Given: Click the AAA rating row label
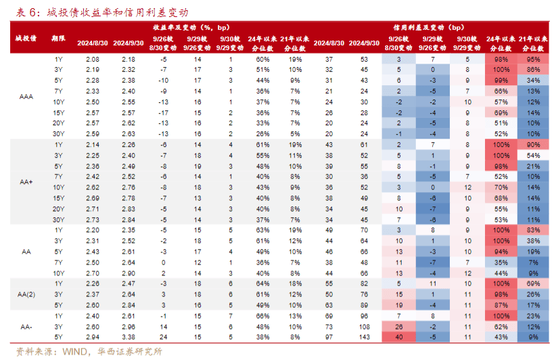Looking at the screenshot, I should (26, 97).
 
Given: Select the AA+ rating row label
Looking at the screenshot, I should (26, 181).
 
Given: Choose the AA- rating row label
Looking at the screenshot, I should (26, 326).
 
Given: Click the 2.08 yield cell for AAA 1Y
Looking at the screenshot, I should (93, 60).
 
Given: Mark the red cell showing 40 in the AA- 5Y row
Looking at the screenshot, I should (398, 336).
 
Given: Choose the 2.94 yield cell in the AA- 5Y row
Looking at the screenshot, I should (93, 336).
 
